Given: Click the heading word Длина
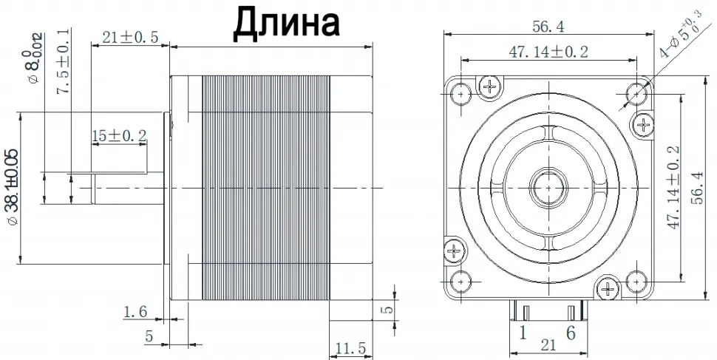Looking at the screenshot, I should point(287,24).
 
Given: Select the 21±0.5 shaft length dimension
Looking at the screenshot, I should point(130,38).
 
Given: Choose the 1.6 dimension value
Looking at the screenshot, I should point(134,312).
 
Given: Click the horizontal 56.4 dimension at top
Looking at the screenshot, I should point(548,27).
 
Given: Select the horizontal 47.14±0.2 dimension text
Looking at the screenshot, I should point(548,52).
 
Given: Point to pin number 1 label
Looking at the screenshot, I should point(523,333).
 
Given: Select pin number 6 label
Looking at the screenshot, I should point(570,333).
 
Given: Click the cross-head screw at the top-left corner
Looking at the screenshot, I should point(490,86).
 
